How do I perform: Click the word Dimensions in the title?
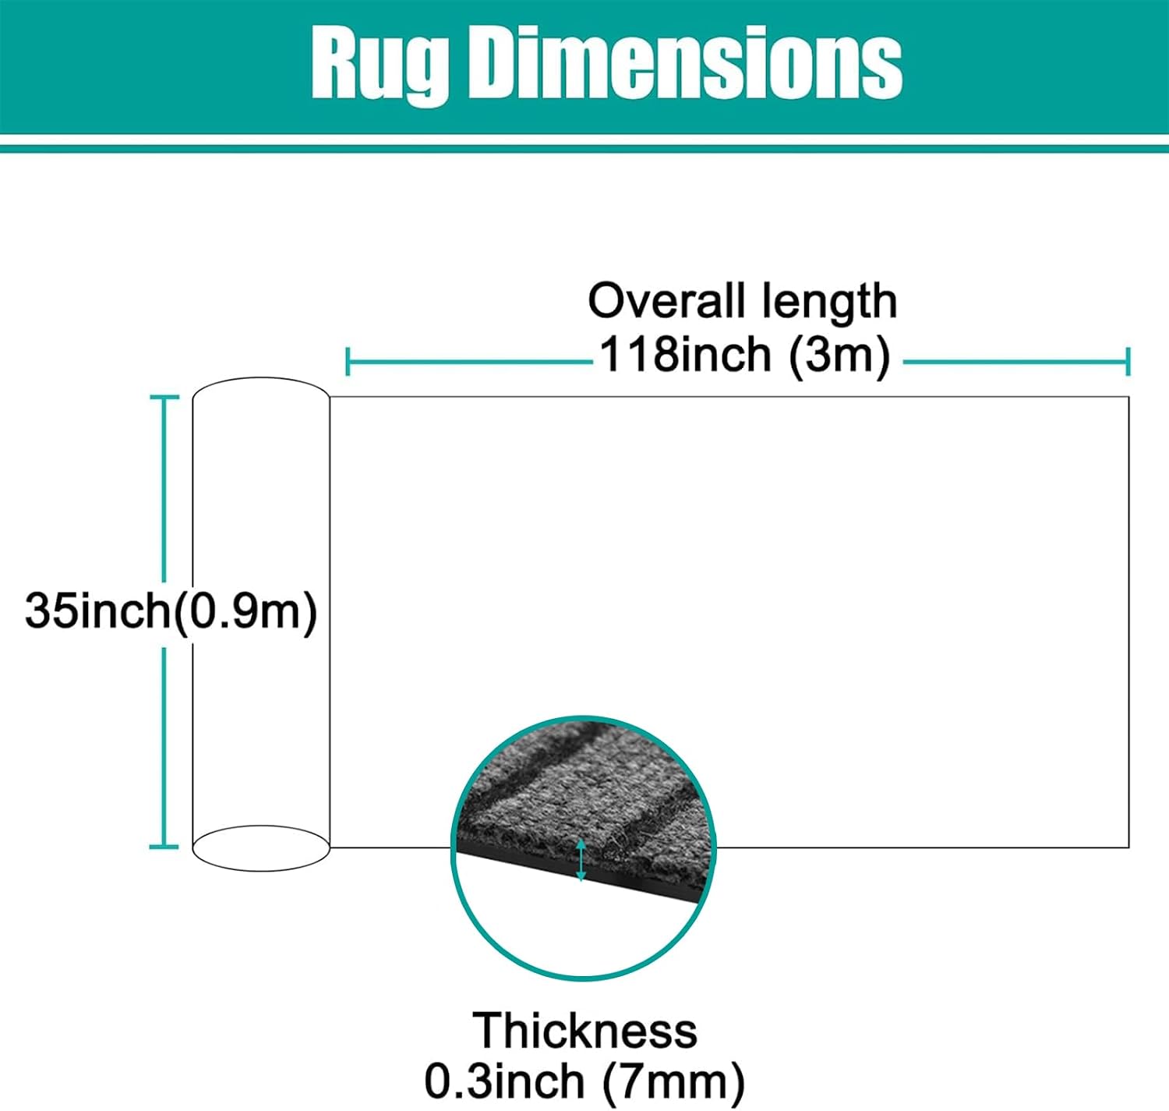pyautogui.click(x=685, y=62)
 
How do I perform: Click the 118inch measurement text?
pyautogui.click(x=686, y=354)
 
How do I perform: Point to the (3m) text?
pyautogui.click(x=839, y=356)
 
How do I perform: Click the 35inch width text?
pyautogui.click(x=98, y=610)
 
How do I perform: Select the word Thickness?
pyautogui.click(x=584, y=1031)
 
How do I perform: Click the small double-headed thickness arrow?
pyautogui.click(x=581, y=860)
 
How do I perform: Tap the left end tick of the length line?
pyautogui.click(x=348, y=362)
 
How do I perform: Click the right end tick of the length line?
pyautogui.click(x=1128, y=362)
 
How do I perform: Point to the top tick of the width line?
pyautogui.click(x=164, y=397)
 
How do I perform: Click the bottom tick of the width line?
pyautogui.click(x=164, y=846)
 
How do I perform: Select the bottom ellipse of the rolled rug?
pyautogui.click(x=261, y=871)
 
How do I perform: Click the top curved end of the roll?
pyautogui.click(x=261, y=378)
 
